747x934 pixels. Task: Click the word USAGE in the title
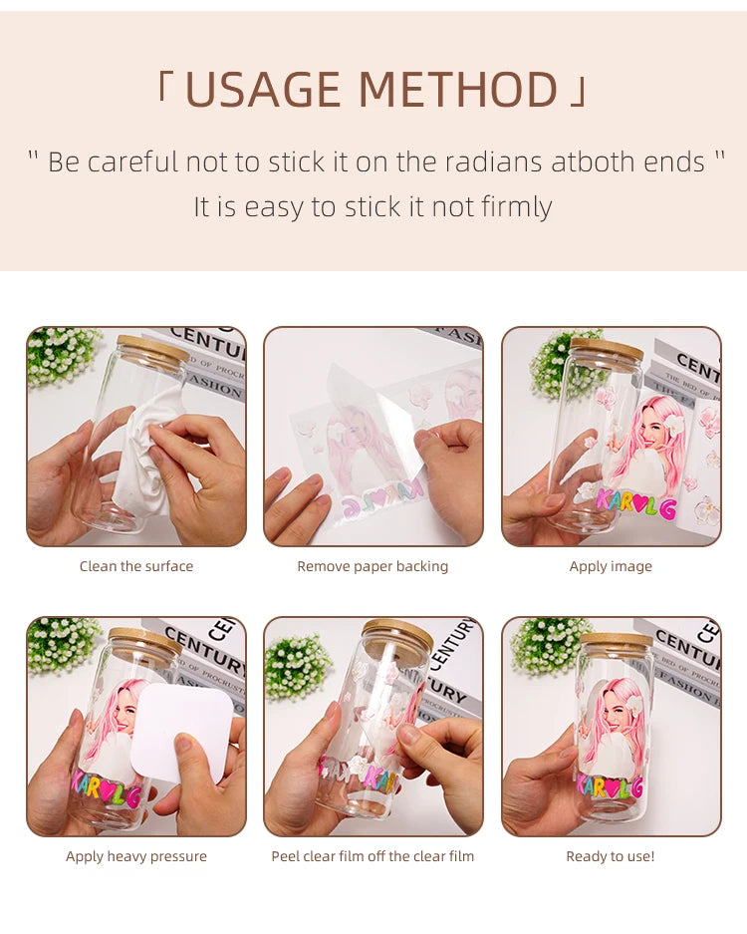point(263,90)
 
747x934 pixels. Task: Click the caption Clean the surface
point(136,566)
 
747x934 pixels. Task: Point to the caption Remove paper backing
point(373,566)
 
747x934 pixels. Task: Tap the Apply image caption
point(611,566)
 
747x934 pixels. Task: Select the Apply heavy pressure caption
point(136,856)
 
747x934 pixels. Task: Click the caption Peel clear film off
point(373,856)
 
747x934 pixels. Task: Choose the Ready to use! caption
point(611,856)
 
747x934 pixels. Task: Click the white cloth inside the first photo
point(149,449)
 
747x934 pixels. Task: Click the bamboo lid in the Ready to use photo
point(616,639)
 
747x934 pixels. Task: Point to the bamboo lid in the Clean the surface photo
point(152,348)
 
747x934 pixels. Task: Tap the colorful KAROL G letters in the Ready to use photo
point(610,786)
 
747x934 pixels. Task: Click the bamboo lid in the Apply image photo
point(607,349)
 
